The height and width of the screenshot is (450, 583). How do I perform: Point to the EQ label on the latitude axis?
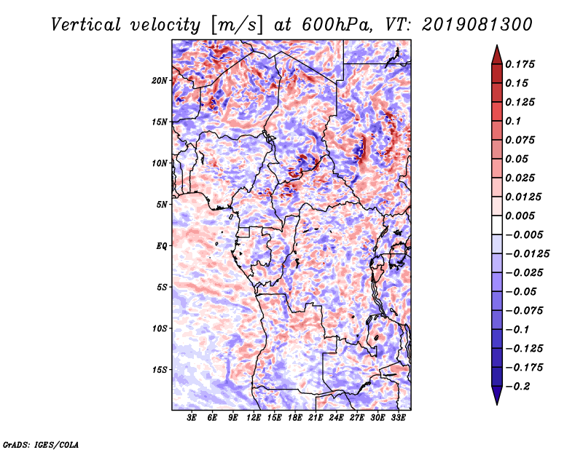pyautogui.click(x=162, y=245)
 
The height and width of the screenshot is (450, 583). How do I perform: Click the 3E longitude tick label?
pyautogui.click(x=192, y=418)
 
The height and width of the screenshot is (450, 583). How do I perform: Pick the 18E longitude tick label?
pyautogui.click(x=296, y=418)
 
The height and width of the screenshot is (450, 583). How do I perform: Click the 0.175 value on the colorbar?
pyautogui.click(x=522, y=64)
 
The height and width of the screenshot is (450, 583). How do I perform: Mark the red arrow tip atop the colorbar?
pyautogui.click(x=496, y=50)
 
